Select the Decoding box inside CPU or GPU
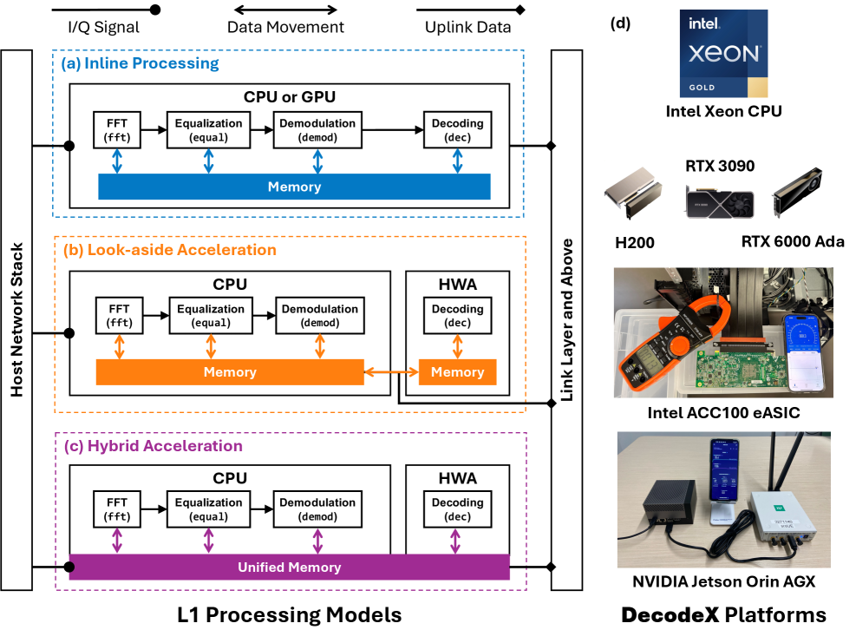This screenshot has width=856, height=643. coord(457,130)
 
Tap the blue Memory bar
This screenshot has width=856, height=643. coord(294,187)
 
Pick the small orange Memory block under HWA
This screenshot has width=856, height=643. coord(457,372)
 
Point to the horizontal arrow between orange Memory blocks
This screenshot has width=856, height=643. coord(391,372)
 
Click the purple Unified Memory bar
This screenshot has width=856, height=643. coord(289,568)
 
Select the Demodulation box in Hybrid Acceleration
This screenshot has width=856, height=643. coord(317,509)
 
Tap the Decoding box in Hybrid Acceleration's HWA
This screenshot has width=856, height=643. coord(457,509)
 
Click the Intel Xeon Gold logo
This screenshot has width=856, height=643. coord(723,53)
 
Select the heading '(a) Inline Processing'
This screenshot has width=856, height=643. coord(140,63)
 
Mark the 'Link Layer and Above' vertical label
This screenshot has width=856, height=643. coord(567,319)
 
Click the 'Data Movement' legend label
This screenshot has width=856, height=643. coord(285,27)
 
